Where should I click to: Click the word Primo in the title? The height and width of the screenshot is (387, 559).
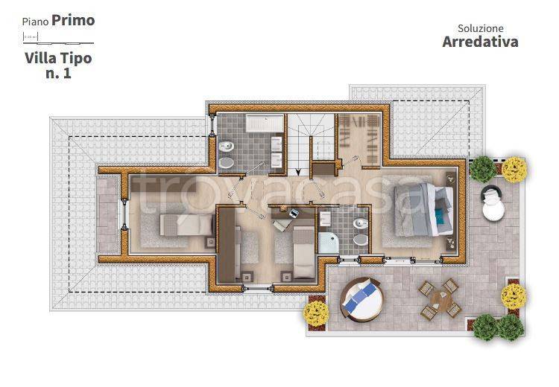click(x=73, y=20)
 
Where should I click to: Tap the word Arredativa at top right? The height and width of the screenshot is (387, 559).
click(x=480, y=42)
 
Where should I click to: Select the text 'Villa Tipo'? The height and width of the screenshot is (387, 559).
click(x=58, y=58)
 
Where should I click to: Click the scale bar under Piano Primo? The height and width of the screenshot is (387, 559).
click(x=58, y=39)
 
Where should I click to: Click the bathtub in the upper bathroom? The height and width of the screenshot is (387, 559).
click(x=265, y=124)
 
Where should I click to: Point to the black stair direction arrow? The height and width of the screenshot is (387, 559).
click(x=298, y=171)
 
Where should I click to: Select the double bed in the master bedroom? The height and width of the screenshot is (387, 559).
click(x=424, y=210)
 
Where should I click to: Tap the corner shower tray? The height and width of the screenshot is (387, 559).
click(x=329, y=243)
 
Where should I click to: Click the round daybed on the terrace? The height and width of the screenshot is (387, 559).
click(x=361, y=300)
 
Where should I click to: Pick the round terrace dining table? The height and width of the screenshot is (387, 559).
click(x=440, y=299)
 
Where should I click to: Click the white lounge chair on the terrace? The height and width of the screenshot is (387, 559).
click(x=493, y=203)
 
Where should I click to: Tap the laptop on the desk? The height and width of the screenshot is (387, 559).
click(x=294, y=214)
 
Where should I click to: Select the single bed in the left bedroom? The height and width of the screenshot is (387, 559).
click(x=186, y=225)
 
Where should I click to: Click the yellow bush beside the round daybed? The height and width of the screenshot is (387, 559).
click(x=316, y=313)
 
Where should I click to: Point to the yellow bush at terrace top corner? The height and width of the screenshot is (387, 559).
click(x=514, y=170)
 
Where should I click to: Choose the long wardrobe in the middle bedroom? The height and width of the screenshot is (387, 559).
click(x=227, y=245)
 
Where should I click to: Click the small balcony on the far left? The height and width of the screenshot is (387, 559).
click(x=108, y=214)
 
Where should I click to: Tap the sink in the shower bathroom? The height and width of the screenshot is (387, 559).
click(x=325, y=218)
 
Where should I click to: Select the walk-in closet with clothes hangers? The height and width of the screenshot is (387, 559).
click(x=359, y=140)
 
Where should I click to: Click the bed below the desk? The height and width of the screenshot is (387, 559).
click(x=303, y=253)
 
